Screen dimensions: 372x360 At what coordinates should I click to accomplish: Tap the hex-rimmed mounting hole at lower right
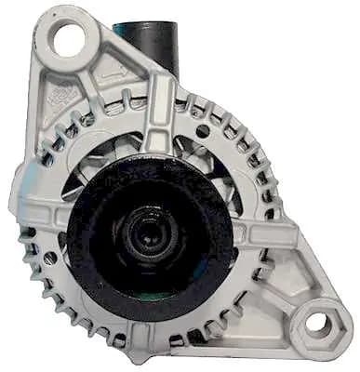coord(317,324)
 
